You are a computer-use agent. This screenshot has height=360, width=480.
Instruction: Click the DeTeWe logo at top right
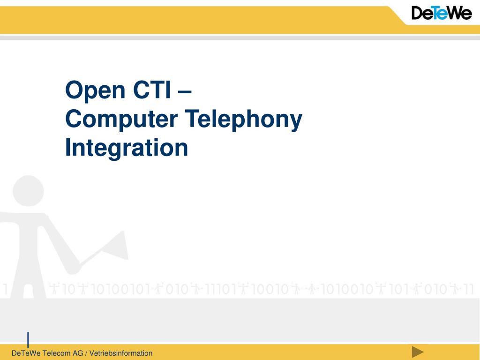tap(442, 13)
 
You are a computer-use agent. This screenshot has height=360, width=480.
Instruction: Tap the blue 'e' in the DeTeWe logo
tap(439, 14)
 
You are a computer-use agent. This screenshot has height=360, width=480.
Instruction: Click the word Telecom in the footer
tap(57, 353)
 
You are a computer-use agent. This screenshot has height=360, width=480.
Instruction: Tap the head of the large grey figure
tap(28, 191)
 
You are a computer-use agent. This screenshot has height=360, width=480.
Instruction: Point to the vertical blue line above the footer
tap(28, 339)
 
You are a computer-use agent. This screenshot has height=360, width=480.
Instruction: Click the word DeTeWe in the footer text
tap(26, 353)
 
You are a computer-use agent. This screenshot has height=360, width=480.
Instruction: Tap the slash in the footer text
tap(86, 353)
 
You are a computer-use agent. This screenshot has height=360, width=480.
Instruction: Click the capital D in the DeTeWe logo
tap(419, 13)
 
